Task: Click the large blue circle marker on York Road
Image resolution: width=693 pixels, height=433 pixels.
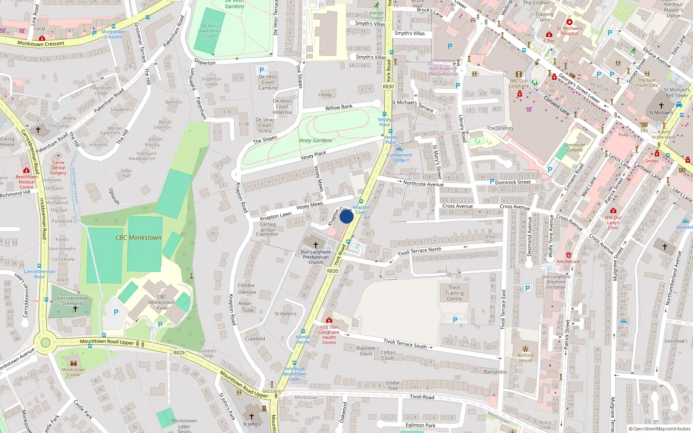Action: coord(346,216)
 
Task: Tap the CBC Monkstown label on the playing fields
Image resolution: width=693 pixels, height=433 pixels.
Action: coord(138,238)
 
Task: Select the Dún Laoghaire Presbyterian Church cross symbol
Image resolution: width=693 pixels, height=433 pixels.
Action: coord(316,245)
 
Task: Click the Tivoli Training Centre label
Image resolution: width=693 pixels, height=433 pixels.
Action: coord(454,293)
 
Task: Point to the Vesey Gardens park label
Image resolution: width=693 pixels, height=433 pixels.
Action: coord(315,140)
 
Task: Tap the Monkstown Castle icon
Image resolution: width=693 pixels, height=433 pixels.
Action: coord(73,363)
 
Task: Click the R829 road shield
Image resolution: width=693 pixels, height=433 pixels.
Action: coord(179,352)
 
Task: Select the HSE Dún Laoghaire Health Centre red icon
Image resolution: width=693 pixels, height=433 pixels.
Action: coord(329,320)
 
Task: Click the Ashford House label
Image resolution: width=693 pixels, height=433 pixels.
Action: coord(525,358)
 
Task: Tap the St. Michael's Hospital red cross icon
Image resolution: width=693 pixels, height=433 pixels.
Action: coord(570,22)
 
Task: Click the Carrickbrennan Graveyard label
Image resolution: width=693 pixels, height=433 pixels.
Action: coord(72,301)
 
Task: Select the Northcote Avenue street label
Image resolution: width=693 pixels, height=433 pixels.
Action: coord(423,184)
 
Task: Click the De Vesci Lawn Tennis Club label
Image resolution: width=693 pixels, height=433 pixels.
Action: coord(209,31)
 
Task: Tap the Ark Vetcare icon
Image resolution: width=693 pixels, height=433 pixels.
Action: coord(568,255)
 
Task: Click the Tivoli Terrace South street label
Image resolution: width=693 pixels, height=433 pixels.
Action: coord(405,343)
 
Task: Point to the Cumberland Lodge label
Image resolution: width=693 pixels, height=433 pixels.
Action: coord(399,157)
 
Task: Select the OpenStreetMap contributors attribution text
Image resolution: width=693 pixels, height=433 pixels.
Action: coord(659,429)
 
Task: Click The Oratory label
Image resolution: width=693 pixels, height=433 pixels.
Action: coord(500,128)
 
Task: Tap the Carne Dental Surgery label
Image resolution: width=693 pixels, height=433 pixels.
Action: coord(58,168)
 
